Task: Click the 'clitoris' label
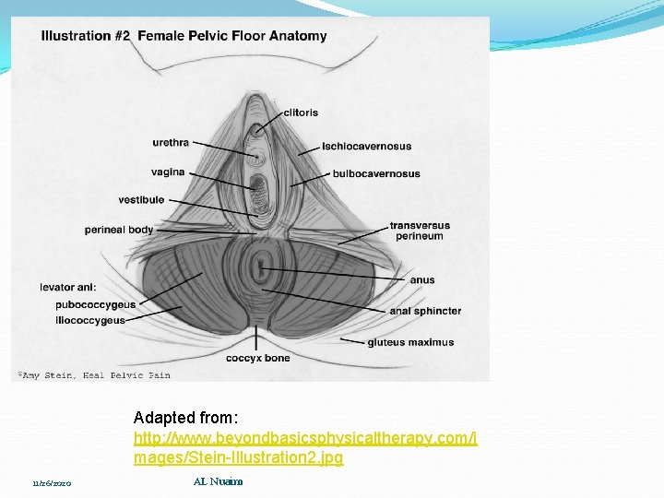(x=301, y=113)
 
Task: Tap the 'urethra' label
(x=171, y=142)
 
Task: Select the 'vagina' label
(x=168, y=172)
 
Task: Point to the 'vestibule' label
(x=141, y=199)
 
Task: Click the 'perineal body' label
(x=118, y=230)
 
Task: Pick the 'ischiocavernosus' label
(x=366, y=146)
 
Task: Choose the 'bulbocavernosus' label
(x=375, y=173)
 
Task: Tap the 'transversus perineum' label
(x=420, y=231)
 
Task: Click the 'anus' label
(x=422, y=280)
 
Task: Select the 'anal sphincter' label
(x=425, y=311)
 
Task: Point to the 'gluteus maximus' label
(x=410, y=342)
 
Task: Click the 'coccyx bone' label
(x=258, y=358)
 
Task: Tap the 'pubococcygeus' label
(x=95, y=304)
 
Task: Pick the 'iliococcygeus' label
(x=89, y=320)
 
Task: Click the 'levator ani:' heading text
(x=68, y=288)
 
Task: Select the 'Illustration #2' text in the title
(x=86, y=37)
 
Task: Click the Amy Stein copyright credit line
(x=92, y=375)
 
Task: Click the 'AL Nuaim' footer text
(x=218, y=481)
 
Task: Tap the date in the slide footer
(x=52, y=483)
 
